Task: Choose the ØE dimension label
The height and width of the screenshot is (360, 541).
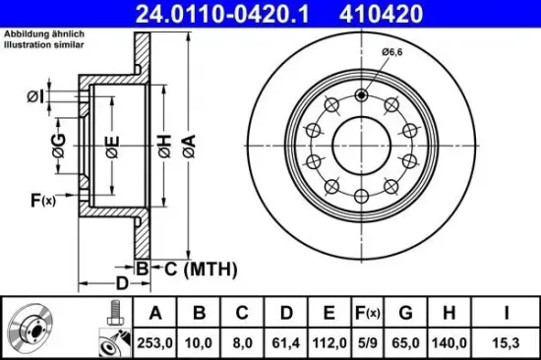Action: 112,149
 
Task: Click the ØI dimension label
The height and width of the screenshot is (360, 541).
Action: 35,95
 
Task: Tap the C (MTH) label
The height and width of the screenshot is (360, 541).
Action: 186,269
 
